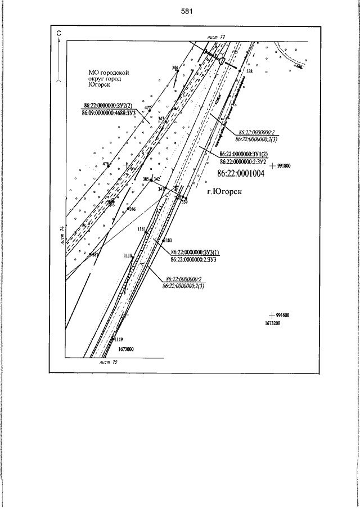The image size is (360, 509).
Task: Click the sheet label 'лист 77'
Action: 217,37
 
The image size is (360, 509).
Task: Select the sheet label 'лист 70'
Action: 107,363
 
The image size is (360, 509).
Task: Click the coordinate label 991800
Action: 283,166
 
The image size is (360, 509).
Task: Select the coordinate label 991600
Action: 282,316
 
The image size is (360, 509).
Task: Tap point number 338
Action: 250,72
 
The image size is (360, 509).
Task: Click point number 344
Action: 175,67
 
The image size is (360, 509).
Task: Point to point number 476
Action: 105,164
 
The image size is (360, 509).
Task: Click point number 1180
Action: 168,240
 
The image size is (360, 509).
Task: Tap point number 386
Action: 133,209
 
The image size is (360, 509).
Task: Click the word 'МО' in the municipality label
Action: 94,73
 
